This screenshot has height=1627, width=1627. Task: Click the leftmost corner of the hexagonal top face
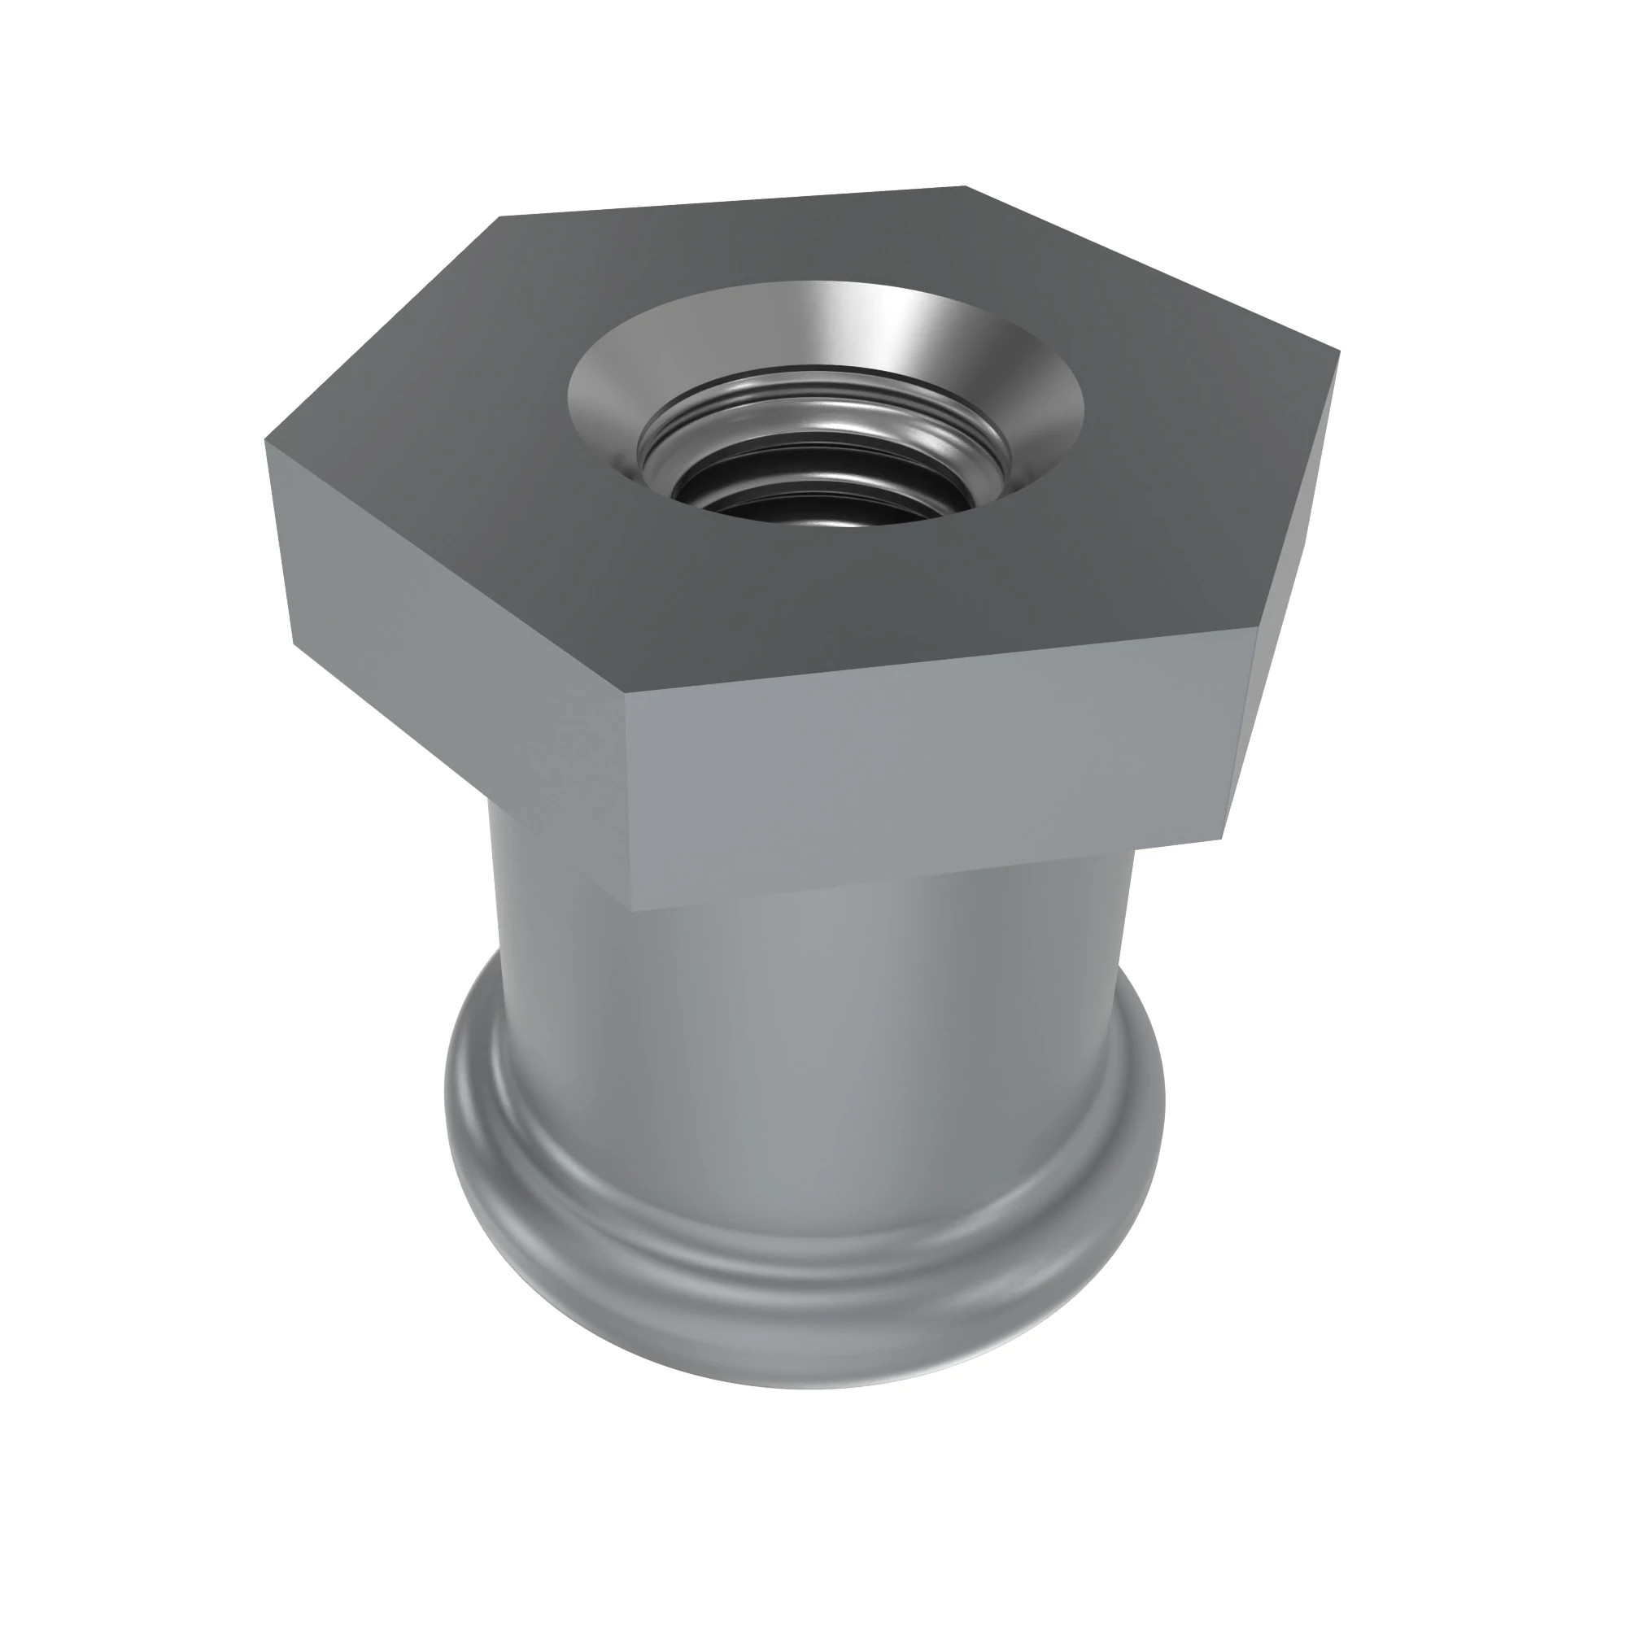[266, 440]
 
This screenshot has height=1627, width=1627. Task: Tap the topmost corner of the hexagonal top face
[965, 186]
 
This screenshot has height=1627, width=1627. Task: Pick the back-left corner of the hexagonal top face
[502, 216]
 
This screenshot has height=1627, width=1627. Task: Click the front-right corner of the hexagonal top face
[1261, 627]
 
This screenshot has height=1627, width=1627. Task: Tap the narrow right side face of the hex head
[1289, 590]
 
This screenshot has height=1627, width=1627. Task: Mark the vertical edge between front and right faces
[1242, 733]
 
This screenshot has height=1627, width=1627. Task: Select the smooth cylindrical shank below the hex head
[809, 1053]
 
